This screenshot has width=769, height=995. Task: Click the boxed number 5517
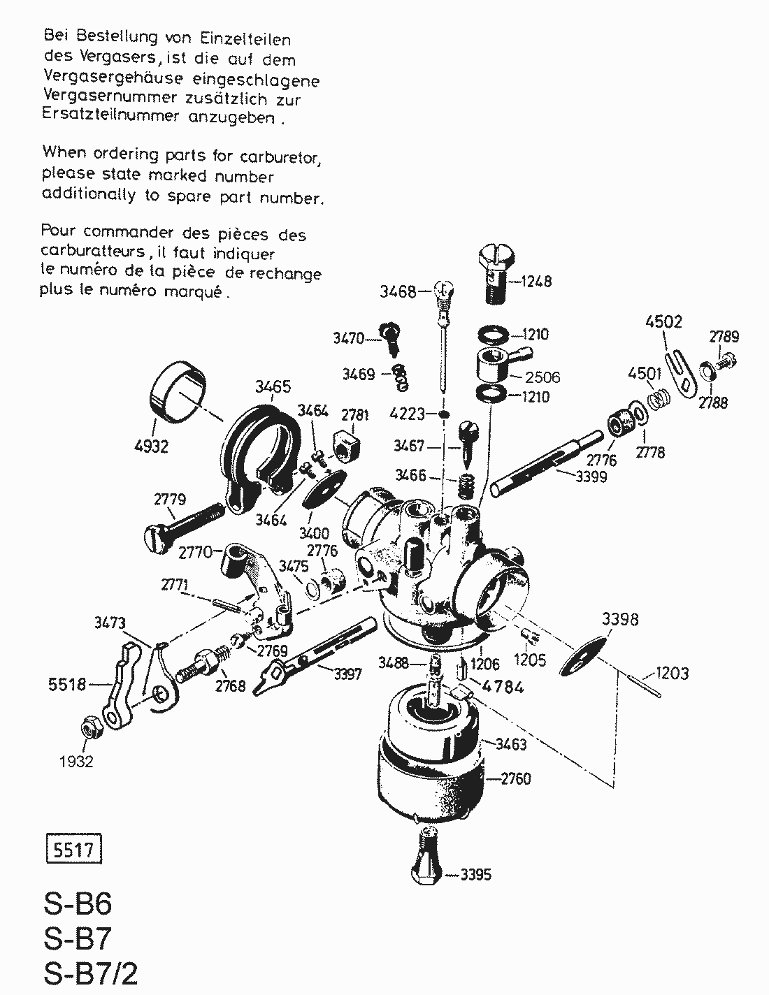(73, 850)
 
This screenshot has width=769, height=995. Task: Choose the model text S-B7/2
(89, 973)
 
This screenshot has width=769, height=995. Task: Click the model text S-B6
(77, 906)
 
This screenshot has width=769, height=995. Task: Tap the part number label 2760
(516, 778)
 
